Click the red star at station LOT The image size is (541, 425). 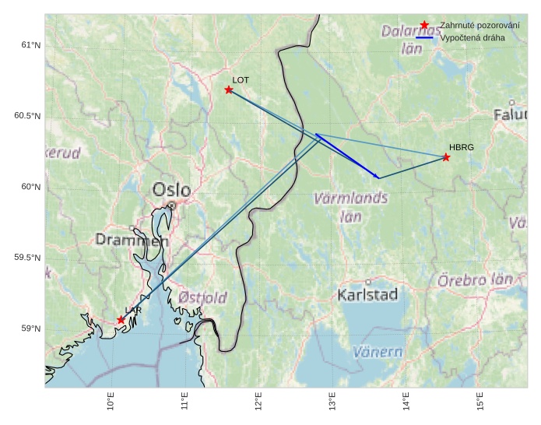pos(229,90)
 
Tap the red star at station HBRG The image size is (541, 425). pos(446,157)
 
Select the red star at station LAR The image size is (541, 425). pos(121,320)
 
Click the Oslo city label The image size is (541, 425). pos(171,189)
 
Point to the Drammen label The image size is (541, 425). pos(131,240)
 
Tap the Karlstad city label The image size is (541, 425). pos(367,294)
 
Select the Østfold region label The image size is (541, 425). pos(202,297)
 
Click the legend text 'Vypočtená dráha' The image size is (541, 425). pos(472,37)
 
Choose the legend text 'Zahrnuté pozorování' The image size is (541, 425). pos(480,26)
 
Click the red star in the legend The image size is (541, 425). pos(424,26)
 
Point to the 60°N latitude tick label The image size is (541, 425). pos(30,187)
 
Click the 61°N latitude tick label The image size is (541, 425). pos(30,45)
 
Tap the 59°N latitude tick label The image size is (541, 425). pos(30,328)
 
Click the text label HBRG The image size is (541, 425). pos(461,147)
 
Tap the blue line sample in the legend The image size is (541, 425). pos(424,37)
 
